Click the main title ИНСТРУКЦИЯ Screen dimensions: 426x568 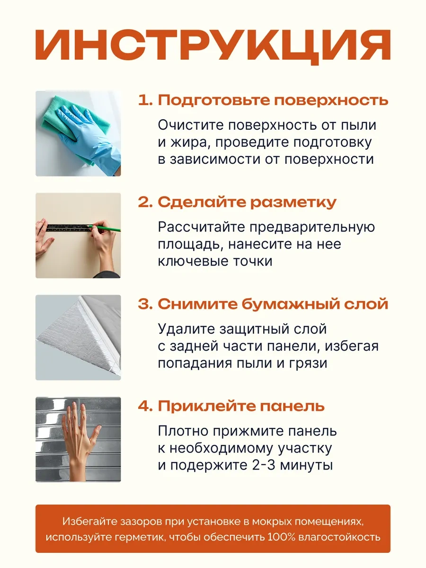point(213,46)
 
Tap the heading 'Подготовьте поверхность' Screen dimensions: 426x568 point(273,100)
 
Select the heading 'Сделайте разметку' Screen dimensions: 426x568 point(247,203)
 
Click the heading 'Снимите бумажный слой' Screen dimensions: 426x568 point(273,304)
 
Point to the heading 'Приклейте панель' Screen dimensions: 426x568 point(241,406)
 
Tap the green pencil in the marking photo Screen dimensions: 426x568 point(104,228)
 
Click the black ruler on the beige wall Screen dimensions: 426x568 point(69,228)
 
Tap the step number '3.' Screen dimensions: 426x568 point(145,304)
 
